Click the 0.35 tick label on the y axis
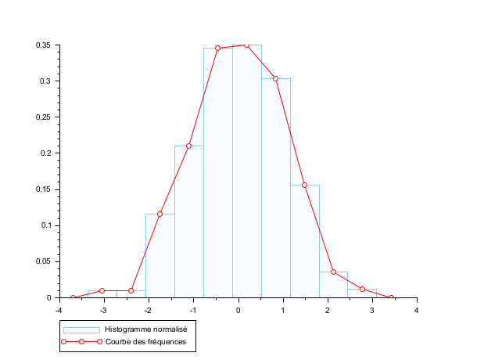click(x=43, y=45)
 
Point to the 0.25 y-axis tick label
click(x=43, y=117)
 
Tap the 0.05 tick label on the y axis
click(x=43, y=261)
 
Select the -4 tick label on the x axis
click(x=58, y=310)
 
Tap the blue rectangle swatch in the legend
click(x=81, y=329)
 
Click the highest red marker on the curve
click(x=246, y=45)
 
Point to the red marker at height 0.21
click(x=188, y=146)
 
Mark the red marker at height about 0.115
click(x=160, y=214)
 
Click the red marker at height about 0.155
click(x=304, y=185)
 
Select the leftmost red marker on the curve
click(x=73, y=297)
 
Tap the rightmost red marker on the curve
click(x=391, y=297)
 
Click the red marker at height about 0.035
click(x=333, y=272)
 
